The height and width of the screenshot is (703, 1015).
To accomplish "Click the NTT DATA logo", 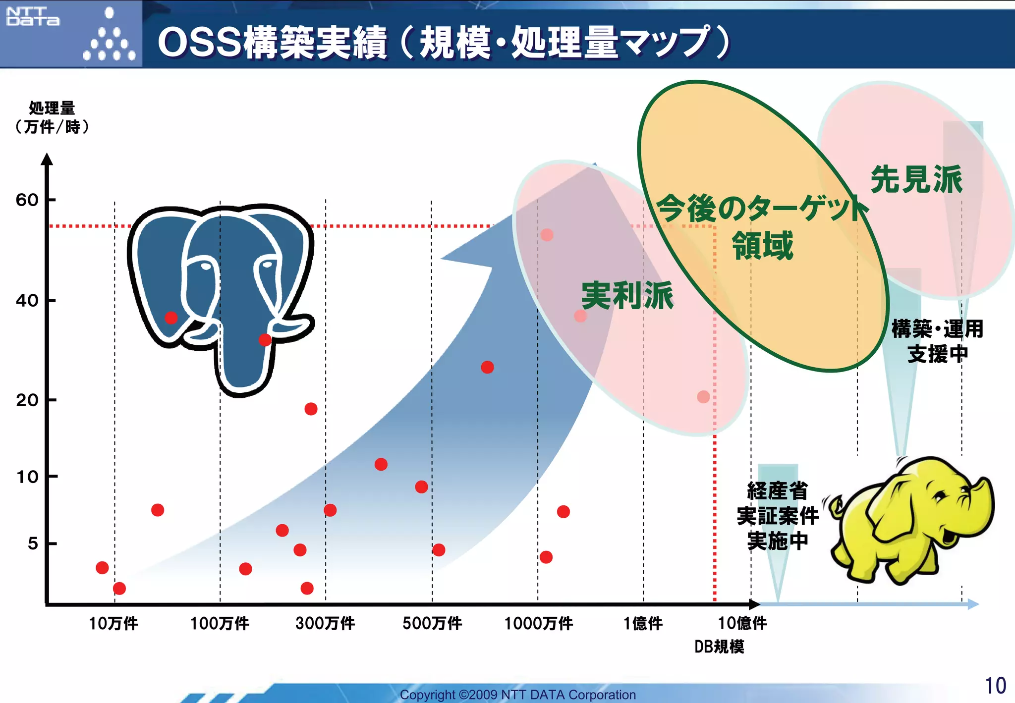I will pos(33,16).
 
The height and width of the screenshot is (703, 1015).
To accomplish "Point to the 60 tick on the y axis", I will pos(27,200).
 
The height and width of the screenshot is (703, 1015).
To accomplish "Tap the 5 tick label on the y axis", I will pos(33,543).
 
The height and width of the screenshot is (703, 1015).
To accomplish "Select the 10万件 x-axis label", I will pos(113,623).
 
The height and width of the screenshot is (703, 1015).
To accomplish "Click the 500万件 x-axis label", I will pos(432,623).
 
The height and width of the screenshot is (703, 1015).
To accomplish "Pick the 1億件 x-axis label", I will pos(643,623).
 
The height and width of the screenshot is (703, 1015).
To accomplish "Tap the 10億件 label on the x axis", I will pos(742,623).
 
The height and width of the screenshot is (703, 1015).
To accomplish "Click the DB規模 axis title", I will pos(719,647).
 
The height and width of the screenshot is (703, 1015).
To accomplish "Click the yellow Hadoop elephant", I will pos(912,520).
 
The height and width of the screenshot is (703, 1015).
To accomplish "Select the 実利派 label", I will pos(627,296).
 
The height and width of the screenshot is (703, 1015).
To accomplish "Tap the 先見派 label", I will pos(916,179).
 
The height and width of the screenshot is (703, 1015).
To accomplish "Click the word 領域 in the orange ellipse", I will pos(763,246).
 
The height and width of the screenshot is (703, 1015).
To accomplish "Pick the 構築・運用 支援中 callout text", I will pos(937,341).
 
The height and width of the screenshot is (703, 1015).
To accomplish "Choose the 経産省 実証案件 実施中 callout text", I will pos(778,516).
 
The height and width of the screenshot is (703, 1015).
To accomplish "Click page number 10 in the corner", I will pos(995,686).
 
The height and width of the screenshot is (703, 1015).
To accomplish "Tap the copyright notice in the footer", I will pos(518,695).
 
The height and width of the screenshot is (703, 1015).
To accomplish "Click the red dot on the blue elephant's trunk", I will pos(265,340).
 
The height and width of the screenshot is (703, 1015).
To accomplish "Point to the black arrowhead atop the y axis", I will pos(47,159).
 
